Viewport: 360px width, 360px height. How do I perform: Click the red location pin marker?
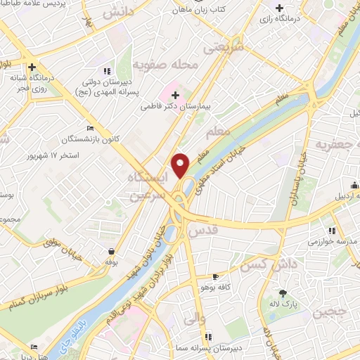click(x=181, y=165)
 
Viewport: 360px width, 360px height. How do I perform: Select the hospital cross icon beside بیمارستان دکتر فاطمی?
click(x=176, y=95)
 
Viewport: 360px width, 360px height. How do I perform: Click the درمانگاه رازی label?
click(x=284, y=19)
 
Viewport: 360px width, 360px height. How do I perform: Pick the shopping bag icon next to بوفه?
click(x=111, y=251)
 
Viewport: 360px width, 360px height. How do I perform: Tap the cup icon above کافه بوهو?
click(x=215, y=277)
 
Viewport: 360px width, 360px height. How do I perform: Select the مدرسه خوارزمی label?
click(x=332, y=241)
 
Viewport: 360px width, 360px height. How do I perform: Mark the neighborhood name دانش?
click(x=117, y=13)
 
